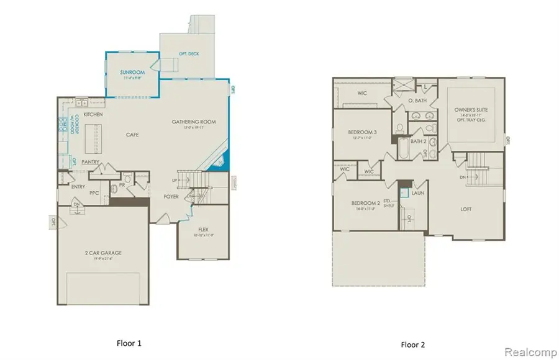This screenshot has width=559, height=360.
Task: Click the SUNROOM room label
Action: coord(132,73)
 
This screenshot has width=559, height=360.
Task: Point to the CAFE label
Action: coord(132,134)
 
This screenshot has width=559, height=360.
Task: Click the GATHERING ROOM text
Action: coord(194,122)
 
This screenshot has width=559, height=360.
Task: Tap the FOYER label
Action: coord(171,197)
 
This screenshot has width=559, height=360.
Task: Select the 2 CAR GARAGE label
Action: coord(102,253)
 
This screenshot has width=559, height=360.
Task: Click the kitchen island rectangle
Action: coord(94,134)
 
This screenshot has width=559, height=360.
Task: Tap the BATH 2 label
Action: coord(417,142)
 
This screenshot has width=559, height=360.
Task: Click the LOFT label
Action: coord(466,209)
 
